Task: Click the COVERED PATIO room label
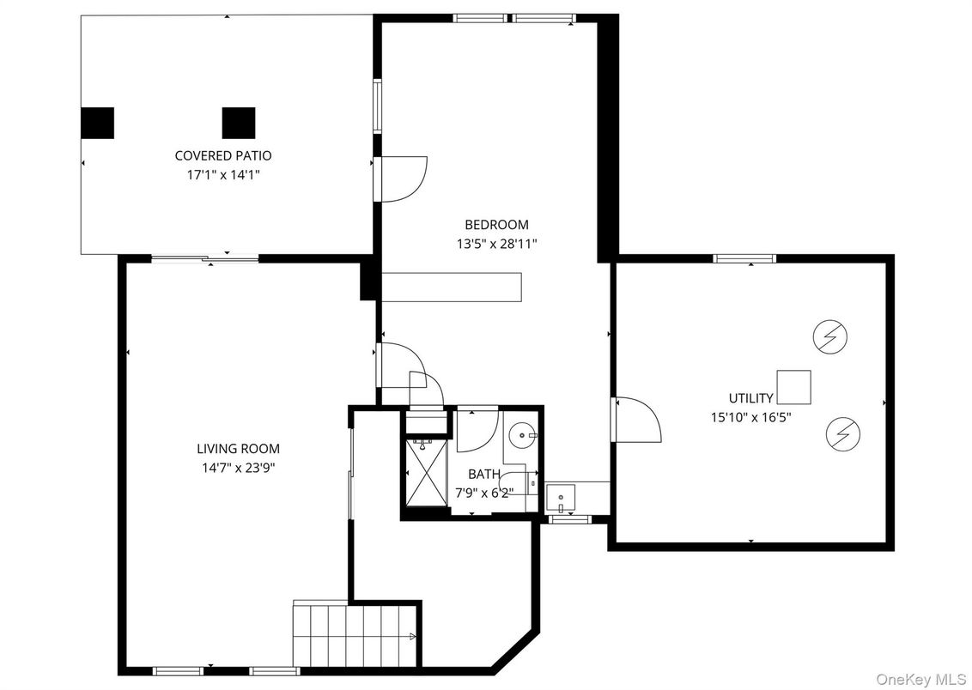[x=223, y=155]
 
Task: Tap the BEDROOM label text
[x=496, y=224]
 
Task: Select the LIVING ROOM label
[x=238, y=449]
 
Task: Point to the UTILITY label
[x=750, y=398]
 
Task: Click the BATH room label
[x=484, y=475]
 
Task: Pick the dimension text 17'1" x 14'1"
[x=223, y=175]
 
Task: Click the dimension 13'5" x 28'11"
[x=496, y=244]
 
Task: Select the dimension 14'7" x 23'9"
[x=238, y=468]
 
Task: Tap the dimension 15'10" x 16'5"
[x=750, y=417]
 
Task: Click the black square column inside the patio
[x=239, y=123]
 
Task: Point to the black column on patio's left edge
[x=97, y=123]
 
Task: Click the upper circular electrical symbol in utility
[x=830, y=337]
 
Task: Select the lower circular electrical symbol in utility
[x=843, y=433]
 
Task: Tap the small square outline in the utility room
[x=793, y=387]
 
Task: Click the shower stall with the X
[x=425, y=472]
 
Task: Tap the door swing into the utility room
[x=636, y=420]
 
